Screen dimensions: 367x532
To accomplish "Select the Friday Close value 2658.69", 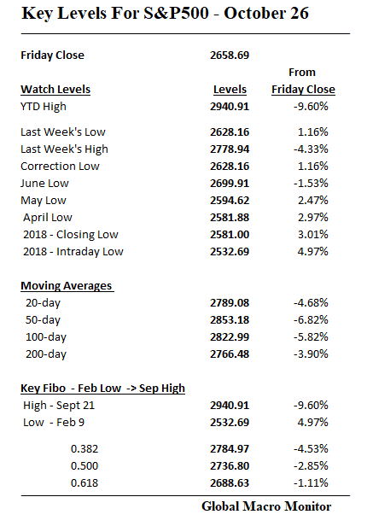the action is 229,56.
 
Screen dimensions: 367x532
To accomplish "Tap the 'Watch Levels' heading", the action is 55,89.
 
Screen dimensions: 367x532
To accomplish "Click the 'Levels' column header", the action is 229,89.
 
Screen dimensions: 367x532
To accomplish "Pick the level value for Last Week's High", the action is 229,149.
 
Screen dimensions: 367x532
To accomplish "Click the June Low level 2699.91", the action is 229,183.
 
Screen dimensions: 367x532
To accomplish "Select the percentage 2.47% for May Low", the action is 312,200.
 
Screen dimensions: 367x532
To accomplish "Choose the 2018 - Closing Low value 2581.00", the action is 229,234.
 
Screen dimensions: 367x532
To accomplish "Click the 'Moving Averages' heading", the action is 67,285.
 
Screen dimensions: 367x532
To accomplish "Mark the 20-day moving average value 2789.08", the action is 229,302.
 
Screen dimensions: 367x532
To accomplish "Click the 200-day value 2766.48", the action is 229,354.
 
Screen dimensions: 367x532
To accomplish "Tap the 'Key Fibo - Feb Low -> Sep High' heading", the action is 102,388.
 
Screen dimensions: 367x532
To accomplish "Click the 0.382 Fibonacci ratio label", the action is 87,449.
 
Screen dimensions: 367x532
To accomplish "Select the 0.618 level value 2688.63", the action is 229,483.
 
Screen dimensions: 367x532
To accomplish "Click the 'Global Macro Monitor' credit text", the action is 265,506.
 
